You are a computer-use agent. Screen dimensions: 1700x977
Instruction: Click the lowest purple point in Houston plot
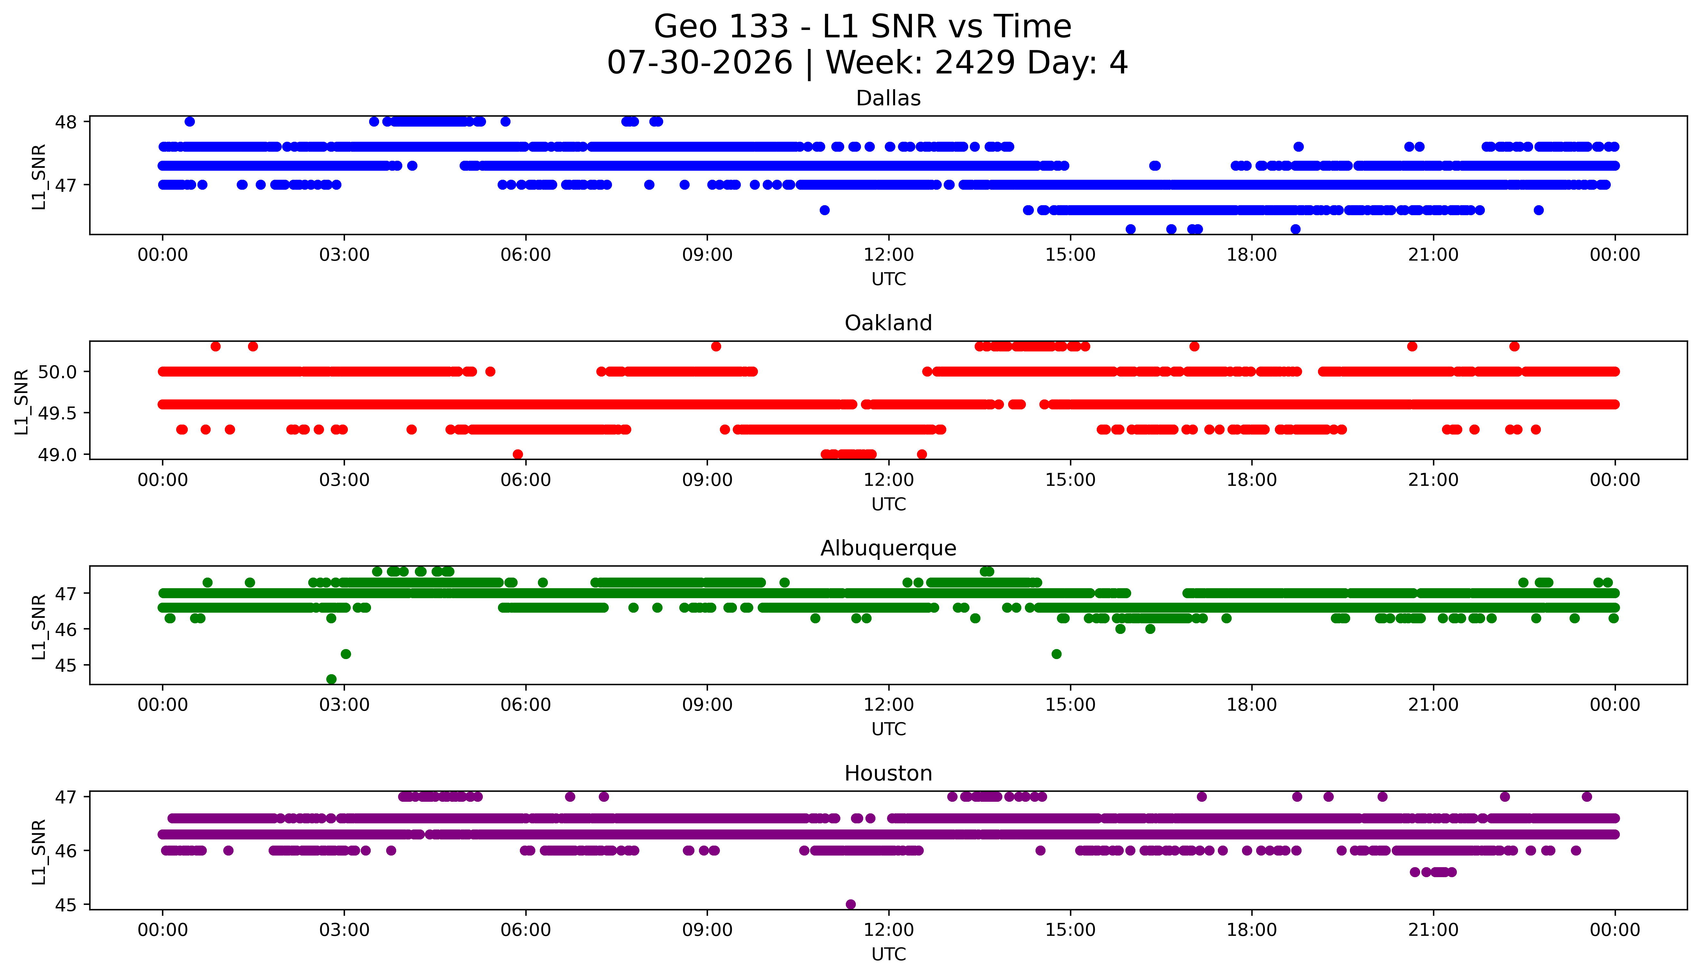851,904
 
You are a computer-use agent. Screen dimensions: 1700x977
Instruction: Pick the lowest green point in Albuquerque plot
331,679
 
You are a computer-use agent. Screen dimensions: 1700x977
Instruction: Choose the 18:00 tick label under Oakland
1252,480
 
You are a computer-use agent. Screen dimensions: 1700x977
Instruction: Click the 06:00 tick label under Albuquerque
526,704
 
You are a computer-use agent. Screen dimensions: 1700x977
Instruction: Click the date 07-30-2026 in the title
700,63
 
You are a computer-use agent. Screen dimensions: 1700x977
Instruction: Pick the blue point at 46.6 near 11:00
825,210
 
